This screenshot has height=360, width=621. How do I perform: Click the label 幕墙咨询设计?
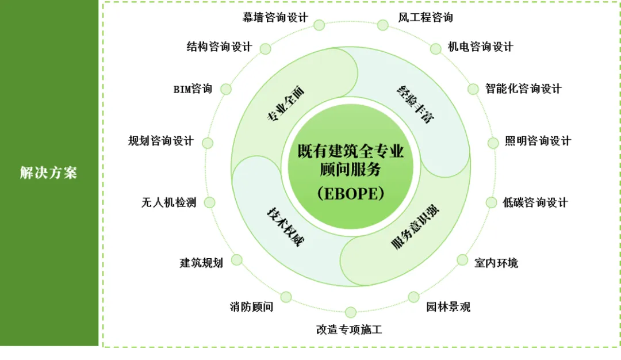coord(275,17)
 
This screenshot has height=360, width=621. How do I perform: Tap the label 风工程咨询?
coord(425,17)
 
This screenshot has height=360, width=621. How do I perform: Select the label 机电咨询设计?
coord(480,47)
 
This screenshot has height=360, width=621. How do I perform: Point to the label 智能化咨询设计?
coord(523,89)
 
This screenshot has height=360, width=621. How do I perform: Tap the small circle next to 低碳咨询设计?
coord(491,202)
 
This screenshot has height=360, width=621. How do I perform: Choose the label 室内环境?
coord(496,263)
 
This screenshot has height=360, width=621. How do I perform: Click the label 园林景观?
coord(448,307)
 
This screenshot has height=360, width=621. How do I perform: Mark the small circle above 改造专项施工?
coord(351,312)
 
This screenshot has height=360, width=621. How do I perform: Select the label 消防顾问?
coord(251,307)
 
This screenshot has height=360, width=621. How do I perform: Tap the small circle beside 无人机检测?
coord(209,202)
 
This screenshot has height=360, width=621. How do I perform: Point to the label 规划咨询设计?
coord(161,141)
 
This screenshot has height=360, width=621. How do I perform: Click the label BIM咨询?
coord(193,89)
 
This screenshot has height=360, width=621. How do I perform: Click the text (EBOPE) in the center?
coord(350,193)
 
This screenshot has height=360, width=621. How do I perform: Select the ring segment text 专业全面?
coord(285,104)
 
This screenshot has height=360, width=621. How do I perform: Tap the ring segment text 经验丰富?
coord(415,104)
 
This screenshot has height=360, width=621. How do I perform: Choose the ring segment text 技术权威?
coord(284,227)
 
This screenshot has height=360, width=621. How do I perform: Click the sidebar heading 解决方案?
coord(48,173)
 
